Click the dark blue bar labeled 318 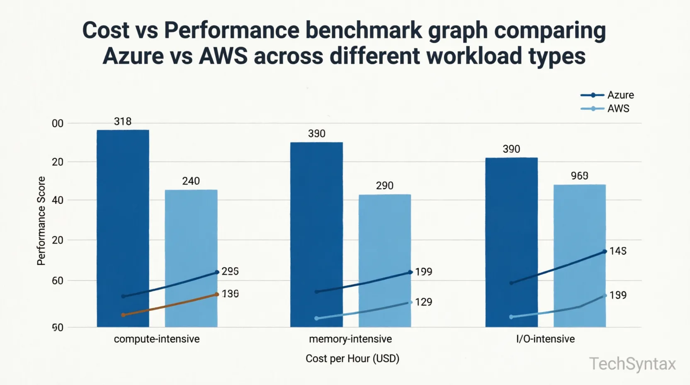click(x=123, y=207)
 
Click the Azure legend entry click(x=607, y=95)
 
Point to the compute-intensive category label click(x=157, y=339)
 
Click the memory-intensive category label click(x=350, y=339)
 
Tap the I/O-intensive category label click(x=545, y=339)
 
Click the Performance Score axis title click(x=41, y=221)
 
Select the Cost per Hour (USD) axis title click(x=352, y=358)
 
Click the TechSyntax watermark click(x=632, y=364)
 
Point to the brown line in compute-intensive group click(x=170, y=305)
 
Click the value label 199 click(x=423, y=272)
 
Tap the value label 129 click(x=423, y=302)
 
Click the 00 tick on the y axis click(x=58, y=124)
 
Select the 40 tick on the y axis click(x=58, y=200)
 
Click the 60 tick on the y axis click(x=58, y=281)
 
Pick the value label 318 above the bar click(x=123, y=122)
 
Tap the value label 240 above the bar click(x=191, y=181)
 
